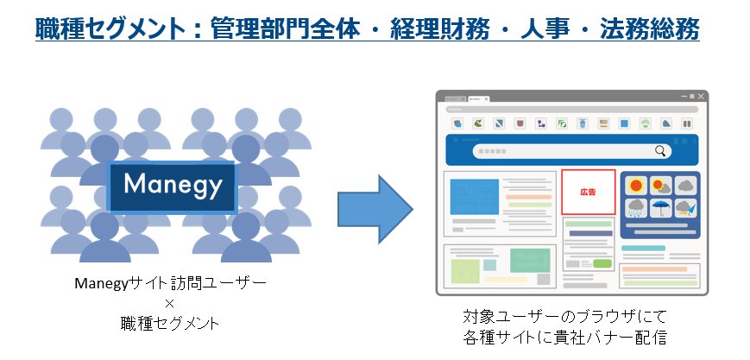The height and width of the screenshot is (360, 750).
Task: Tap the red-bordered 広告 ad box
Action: tap(589, 192)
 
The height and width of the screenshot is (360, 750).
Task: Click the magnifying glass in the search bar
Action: tap(661, 151)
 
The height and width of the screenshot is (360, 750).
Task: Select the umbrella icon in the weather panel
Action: tap(659, 206)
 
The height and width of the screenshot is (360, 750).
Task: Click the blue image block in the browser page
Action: tap(474, 197)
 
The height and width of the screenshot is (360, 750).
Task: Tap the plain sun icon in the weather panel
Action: tap(637, 185)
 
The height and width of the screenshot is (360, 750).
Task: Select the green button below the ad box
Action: tap(602, 262)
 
